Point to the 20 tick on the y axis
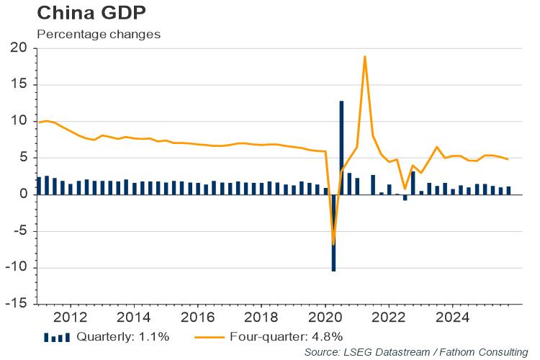(18, 48)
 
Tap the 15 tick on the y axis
(18, 85)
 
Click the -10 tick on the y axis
(15, 268)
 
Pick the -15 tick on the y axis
(15, 305)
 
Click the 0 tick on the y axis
(23, 194)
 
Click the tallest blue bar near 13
(341, 144)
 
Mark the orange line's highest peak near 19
(365, 56)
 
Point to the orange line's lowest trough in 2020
(333, 245)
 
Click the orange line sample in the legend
(213, 336)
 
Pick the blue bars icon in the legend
(57, 337)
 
